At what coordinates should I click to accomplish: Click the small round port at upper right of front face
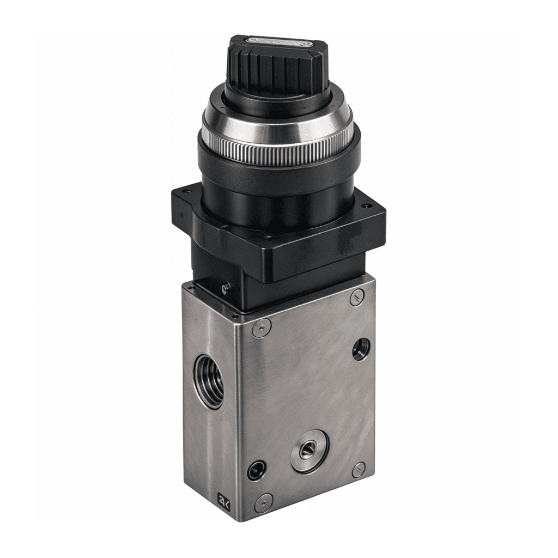[360, 349]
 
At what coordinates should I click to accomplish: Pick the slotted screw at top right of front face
[357, 298]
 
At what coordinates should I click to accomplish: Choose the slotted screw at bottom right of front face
[359, 470]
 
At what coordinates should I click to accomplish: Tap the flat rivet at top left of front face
[261, 327]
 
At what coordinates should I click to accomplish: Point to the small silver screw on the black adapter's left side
[226, 286]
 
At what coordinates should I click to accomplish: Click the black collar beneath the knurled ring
[278, 174]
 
